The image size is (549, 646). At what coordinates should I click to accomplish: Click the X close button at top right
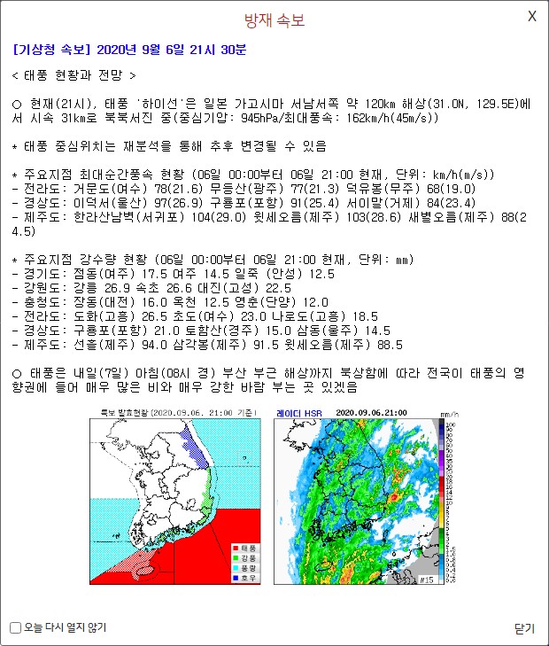532,16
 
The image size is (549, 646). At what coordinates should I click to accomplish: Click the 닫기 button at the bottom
524,628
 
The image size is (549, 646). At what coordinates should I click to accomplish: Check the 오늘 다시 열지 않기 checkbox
15,628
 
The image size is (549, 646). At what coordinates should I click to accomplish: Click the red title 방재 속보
274,20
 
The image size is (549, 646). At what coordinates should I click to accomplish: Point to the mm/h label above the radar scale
448,414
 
